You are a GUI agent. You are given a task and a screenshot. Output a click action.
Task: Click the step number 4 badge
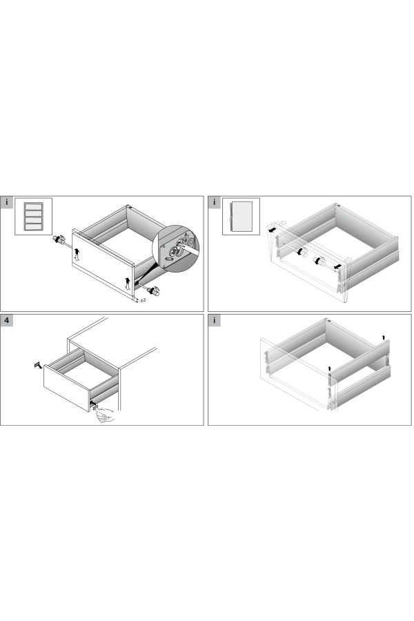point(6,320)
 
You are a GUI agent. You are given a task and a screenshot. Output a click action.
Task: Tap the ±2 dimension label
point(143,300)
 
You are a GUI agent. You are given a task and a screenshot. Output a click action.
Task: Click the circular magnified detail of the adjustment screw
point(176,248)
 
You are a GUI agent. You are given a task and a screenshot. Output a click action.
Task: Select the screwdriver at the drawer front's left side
point(59,240)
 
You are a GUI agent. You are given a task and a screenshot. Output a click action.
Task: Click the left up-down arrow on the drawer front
point(77,254)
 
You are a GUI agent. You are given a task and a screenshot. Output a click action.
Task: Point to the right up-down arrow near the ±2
point(128,284)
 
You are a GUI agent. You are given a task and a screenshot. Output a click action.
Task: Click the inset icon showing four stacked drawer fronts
point(34,217)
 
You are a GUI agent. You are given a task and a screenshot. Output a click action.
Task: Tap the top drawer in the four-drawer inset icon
point(34,207)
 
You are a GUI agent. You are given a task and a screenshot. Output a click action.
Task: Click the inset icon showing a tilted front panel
point(241,217)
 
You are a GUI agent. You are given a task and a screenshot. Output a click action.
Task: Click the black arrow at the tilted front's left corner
point(271,230)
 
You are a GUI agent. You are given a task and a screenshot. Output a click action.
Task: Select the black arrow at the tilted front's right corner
point(337,267)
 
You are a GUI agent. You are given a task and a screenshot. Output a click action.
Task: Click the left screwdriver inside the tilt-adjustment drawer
point(302,251)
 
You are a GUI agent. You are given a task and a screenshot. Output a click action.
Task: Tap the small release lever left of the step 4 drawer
point(38,365)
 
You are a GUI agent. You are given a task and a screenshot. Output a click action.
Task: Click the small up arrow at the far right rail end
point(383,337)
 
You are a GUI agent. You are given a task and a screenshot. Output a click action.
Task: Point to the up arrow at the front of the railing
point(330,369)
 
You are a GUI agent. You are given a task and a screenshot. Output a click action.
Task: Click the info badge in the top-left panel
point(6,202)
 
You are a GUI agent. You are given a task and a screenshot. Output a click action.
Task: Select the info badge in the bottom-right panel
point(215,320)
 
